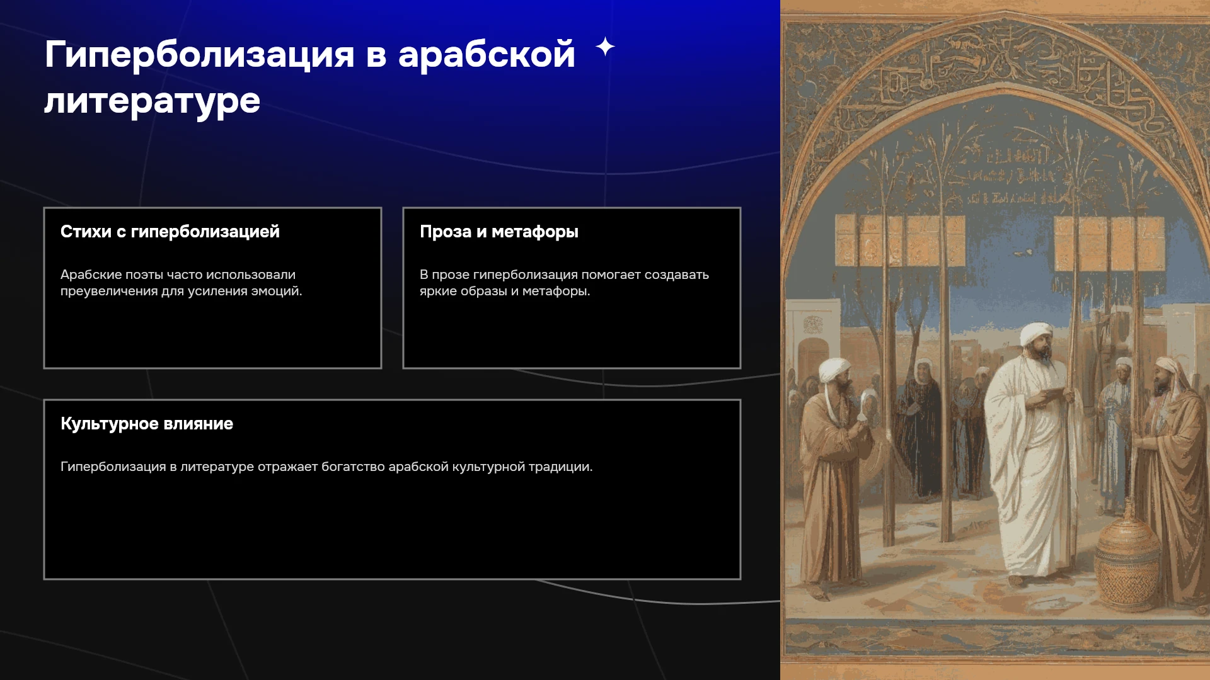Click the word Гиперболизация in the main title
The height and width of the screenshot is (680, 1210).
[199, 55]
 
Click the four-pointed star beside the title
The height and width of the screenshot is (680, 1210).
[605, 47]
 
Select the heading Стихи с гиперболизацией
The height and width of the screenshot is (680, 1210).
[170, 232]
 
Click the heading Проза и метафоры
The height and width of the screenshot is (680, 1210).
[499, 232]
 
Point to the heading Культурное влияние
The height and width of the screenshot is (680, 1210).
[147, 424]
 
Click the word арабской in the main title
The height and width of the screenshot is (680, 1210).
[487, 55]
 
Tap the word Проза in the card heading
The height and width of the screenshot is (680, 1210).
[446, 232]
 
